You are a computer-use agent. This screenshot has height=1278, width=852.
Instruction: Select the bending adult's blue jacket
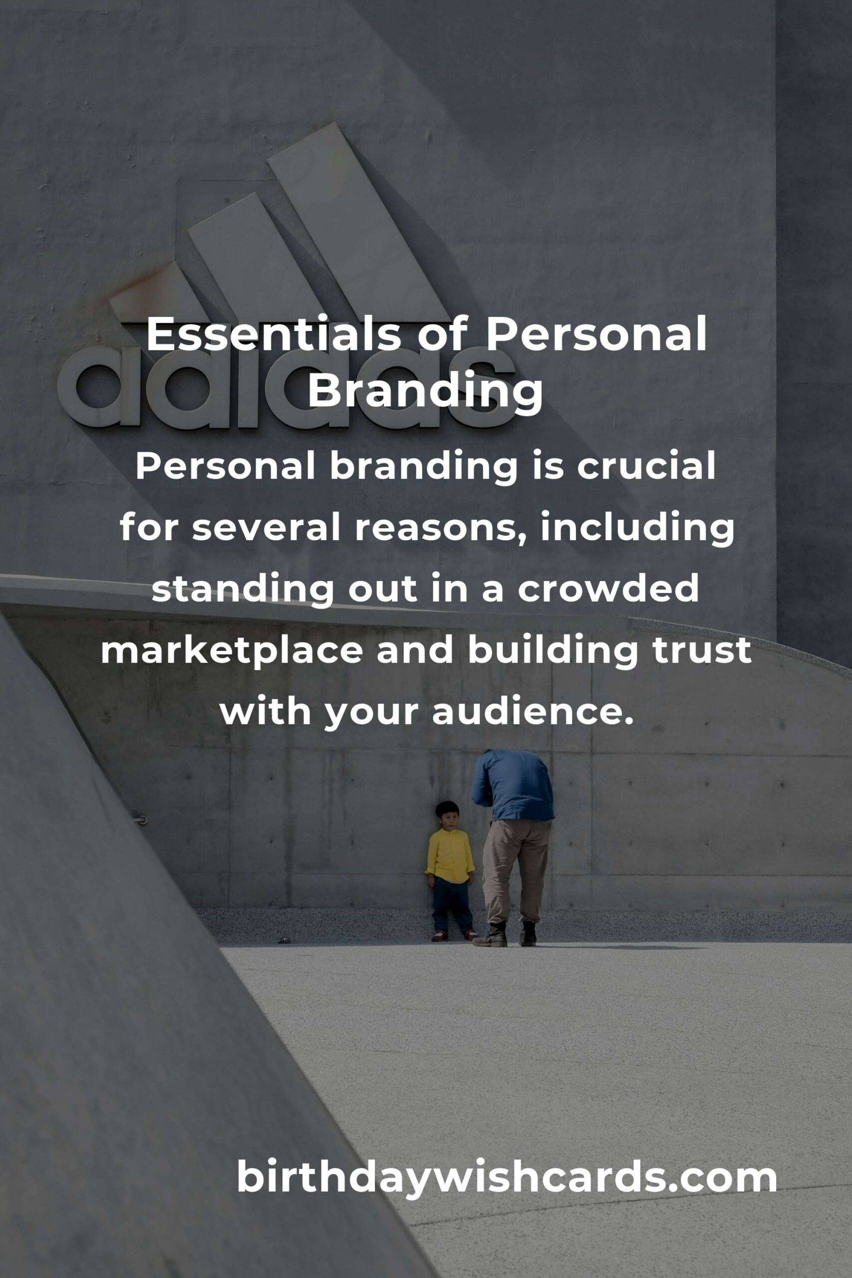[513, 785]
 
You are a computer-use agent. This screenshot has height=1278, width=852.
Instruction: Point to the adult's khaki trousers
[515, 871]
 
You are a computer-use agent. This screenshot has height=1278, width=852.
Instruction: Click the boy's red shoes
[454, 935]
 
